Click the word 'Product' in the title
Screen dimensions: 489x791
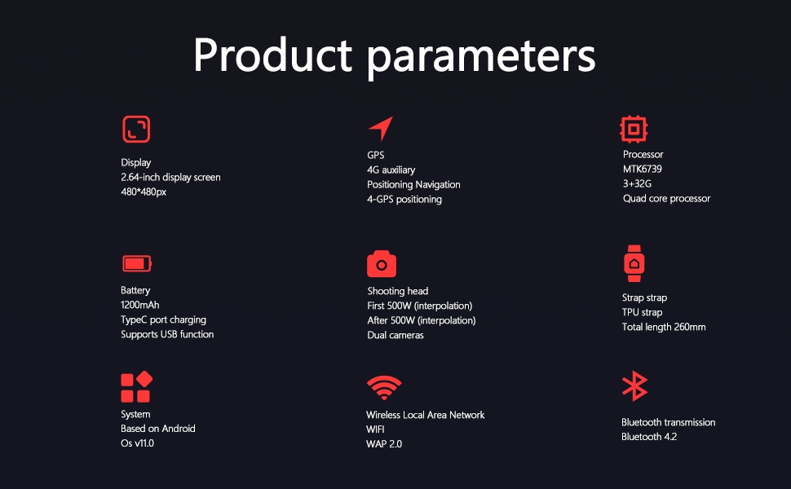[272, 55]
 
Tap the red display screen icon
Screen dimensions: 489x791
[136, 130]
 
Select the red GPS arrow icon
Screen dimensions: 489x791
[381, 128]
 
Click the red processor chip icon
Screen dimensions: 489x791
[634, 129]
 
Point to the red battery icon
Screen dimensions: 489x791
[136, 263]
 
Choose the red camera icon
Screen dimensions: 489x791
[382, 264]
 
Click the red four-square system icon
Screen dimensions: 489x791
[136, 387]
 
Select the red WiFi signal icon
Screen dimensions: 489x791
[384, 388]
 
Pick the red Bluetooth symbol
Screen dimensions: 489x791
[634, 386]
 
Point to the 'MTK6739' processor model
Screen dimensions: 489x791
[643, 170]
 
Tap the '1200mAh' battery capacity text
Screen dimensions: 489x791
[140, 305]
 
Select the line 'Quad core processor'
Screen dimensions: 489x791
[666, 199]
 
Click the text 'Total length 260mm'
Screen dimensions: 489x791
[664, 328]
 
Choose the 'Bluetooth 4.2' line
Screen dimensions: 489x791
[649, 437]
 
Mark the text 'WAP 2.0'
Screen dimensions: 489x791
[384, 444]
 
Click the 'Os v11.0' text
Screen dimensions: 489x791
[137, 443]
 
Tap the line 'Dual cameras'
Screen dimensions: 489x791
[395, 335]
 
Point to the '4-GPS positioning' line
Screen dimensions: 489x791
[404, 200]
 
